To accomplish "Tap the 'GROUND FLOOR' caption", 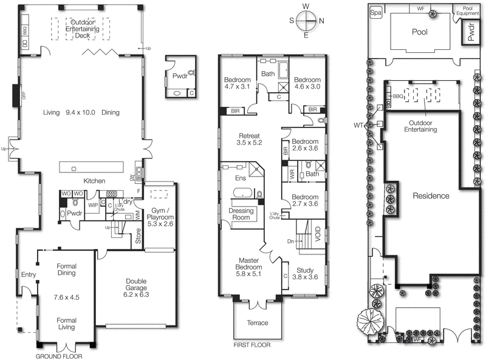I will (x=60, y=356).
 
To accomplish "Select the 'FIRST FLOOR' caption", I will (x=251, y=344).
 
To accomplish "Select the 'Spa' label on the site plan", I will (x=376, y=12).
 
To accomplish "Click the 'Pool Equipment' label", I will (x=467, y=12).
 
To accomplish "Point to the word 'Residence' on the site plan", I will (x=431, y=196).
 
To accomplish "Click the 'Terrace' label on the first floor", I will (x=256, y=323).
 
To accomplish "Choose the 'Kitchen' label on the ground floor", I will (x=94, y=181).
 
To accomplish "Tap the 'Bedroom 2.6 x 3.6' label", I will (x=304, y=143).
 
